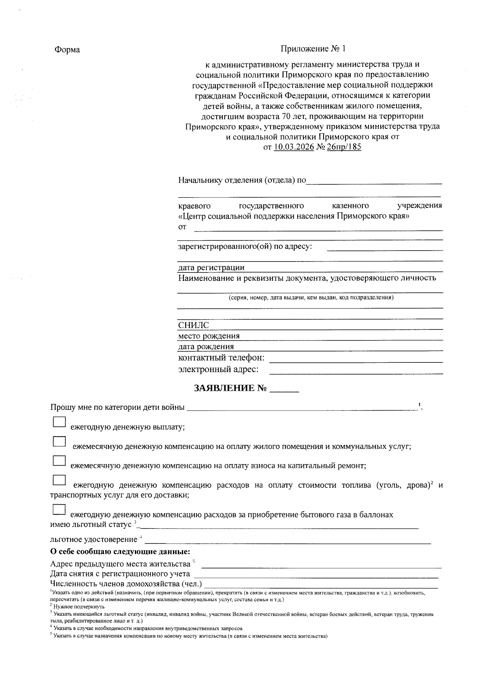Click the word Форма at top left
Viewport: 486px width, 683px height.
click(x=67, y=50)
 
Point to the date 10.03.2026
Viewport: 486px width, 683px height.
click(x=294, y=147)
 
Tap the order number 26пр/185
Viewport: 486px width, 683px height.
click(x=343, y=147)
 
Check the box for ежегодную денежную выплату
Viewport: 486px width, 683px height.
click(x=59, y=422)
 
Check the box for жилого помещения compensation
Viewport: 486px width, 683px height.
click(x=59, y=441)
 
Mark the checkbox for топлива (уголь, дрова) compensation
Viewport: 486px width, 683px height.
click(x=59, y=480)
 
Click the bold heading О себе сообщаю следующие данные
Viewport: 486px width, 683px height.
click(x=120, y=552)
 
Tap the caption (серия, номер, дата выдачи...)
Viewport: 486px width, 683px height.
click(x=310, y=298)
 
